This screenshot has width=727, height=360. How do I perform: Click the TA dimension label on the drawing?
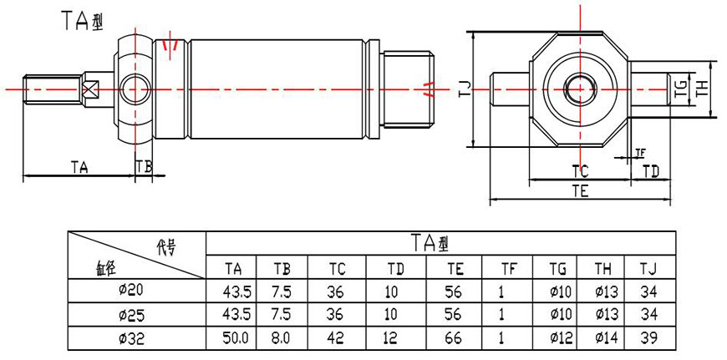click(x=79, y=167)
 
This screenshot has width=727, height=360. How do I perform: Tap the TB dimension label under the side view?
click(x=145, y=167)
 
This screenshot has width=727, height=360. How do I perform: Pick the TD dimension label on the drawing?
click(x=651, y=171)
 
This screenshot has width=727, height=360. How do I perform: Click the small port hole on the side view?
click(x=134, y=86)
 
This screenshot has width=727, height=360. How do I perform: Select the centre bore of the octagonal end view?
click(x=577, y=87)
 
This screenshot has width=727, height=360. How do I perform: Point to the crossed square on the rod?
click(x=91, y=87)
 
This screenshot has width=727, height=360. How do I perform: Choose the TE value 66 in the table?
click(x=455, y=339)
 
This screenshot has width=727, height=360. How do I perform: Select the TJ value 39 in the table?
click(x=648, y=339)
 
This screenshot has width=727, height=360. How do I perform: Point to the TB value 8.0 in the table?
click(x=282, y=339)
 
